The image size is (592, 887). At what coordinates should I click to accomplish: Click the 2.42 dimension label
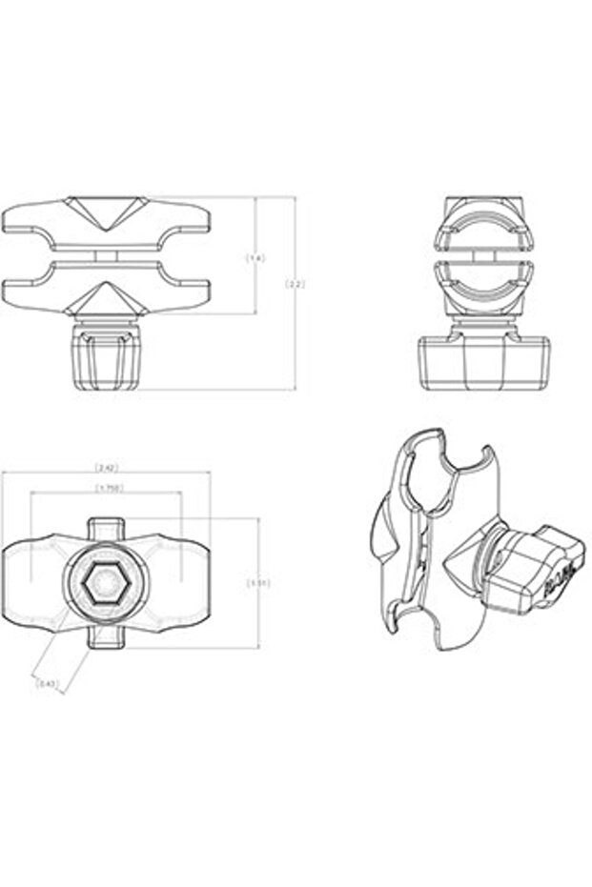tap(106, 468)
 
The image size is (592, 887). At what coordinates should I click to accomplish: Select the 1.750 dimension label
tap(106, 489)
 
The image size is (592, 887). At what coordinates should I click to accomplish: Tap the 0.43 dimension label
tap(45, 683)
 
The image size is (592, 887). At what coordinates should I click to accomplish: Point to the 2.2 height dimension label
tap(295, 284)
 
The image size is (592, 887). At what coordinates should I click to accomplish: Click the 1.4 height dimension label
tap(255, 257)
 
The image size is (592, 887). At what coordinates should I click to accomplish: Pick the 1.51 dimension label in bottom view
tap(257, 582)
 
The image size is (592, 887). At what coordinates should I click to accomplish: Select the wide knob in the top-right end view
tap(484, 362)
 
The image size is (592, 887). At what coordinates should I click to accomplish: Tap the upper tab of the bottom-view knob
tap(106, 528)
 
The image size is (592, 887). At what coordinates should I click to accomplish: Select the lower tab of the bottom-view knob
tap(106, 637)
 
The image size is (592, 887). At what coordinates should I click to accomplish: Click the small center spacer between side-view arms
tap(106, 255)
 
